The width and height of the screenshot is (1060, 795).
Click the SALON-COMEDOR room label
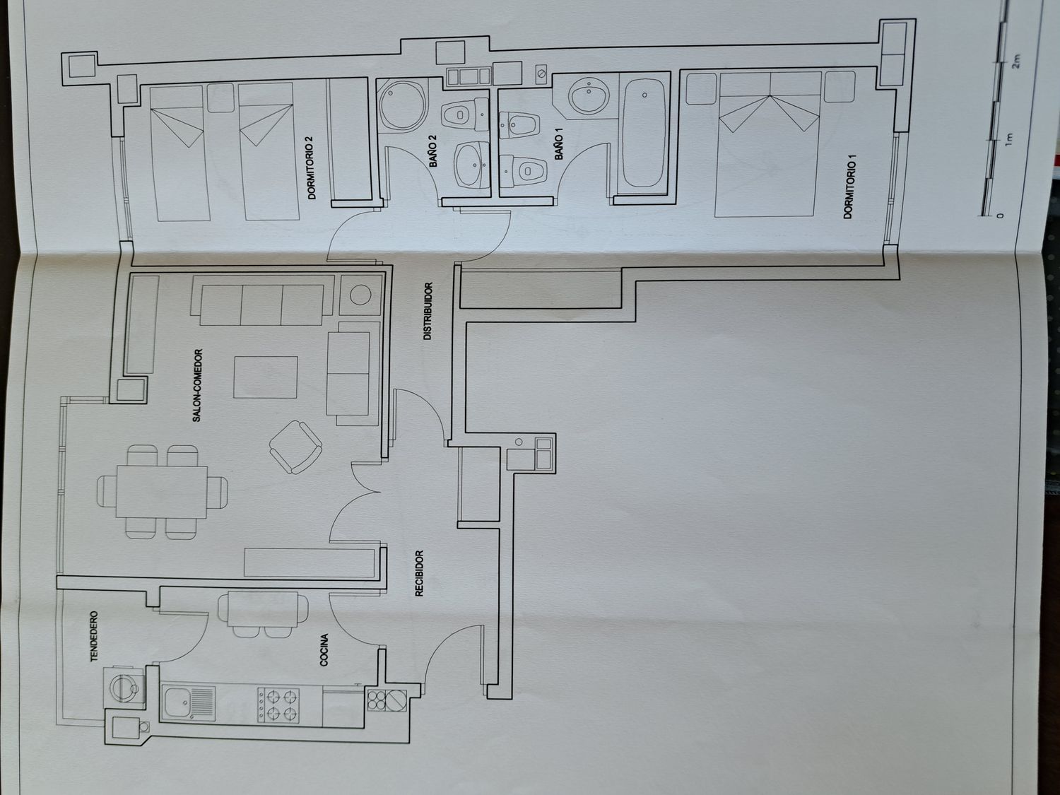pos(196,386)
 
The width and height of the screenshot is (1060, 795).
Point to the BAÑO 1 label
pos(559,148)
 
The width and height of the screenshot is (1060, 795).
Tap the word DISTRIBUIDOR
pos(428,312)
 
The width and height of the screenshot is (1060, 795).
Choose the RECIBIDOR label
pos(419,573)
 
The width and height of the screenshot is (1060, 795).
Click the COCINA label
pos(324,650)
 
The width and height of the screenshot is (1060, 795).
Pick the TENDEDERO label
pos(94,637)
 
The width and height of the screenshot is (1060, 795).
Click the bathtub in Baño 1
pos(643,134)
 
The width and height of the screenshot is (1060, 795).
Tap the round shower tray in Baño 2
pos(402,105)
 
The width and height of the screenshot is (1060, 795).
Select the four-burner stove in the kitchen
pos(278,705)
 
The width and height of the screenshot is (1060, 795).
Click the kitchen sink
pos(189,703)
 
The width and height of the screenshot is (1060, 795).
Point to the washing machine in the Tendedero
pos(124,688)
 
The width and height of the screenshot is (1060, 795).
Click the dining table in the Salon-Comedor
pos(162,491)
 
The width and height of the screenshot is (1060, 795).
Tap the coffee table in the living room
pos(266,377)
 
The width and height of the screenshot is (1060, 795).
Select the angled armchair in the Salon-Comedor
pos(295,447)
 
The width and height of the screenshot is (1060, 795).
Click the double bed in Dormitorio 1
pos(768,144)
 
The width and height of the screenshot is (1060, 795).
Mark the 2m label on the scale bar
pos(1016,61)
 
